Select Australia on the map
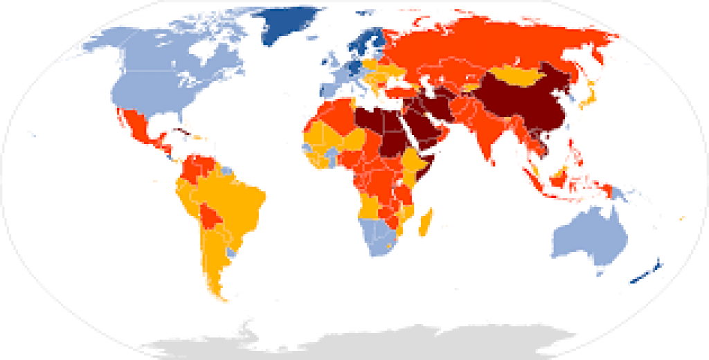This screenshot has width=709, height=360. (589, 235)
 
